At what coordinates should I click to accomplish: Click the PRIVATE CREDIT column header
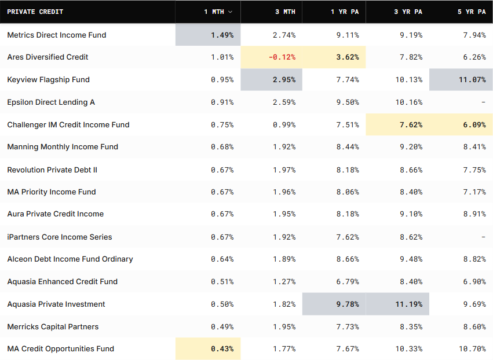coord(35,12)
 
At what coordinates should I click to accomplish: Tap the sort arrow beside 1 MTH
coord(230,12)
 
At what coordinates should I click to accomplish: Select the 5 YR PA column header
coord(472,12)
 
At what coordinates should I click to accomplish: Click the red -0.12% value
coord(282,57)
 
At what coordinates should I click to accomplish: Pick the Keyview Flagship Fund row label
coord(49,80)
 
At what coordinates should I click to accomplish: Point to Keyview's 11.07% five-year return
coord(472,80)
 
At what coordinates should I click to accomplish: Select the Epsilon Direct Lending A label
coord(51,102)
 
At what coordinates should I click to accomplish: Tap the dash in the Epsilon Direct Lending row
coord(483,102)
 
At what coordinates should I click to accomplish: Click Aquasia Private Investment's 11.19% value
coord(409,304)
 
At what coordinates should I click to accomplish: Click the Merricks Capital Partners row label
coord(53,327)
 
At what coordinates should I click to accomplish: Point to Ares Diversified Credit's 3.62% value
coord(348,57)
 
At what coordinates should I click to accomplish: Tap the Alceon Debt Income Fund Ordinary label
coord(70,259)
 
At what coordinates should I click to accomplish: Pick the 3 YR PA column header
coord(408,12)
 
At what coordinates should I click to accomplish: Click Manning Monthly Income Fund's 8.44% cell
coord(348,147)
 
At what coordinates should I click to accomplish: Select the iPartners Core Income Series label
coord(60,237)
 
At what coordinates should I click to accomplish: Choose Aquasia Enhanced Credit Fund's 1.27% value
coord(284,282)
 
